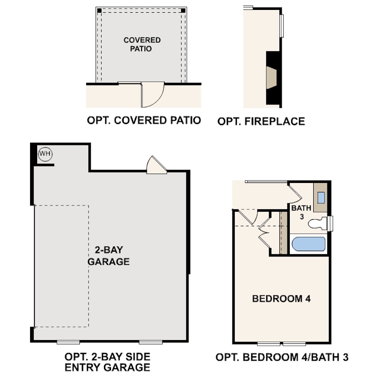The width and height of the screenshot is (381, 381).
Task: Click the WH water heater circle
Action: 46,153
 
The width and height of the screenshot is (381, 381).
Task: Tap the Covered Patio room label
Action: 142,44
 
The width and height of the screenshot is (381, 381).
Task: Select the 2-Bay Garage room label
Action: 109,256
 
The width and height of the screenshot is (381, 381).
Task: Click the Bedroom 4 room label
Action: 282,298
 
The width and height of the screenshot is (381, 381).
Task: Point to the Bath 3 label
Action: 301,212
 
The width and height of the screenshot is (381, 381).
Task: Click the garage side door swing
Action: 155,166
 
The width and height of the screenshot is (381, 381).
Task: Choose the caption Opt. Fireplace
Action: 261,121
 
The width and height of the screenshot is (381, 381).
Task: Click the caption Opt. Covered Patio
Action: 144,120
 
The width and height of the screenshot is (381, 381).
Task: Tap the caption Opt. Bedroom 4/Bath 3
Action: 281,357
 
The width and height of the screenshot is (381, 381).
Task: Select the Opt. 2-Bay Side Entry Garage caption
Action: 108,362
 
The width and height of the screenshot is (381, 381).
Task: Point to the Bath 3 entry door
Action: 294,192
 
